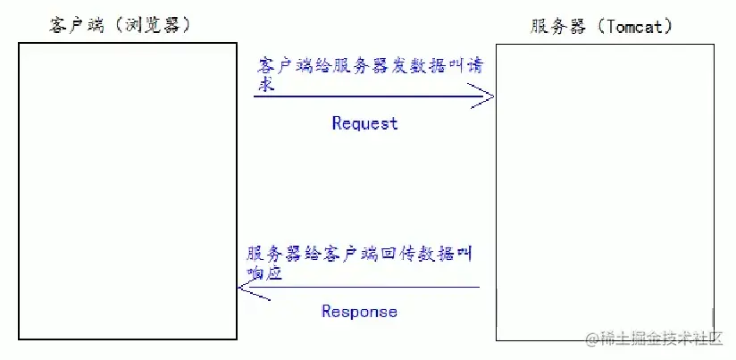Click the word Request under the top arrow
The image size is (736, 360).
pos(364,123)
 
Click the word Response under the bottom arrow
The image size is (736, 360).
pos(359,312)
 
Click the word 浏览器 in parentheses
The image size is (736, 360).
pos(155,26)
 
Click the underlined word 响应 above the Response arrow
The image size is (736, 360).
pos(264,274)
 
